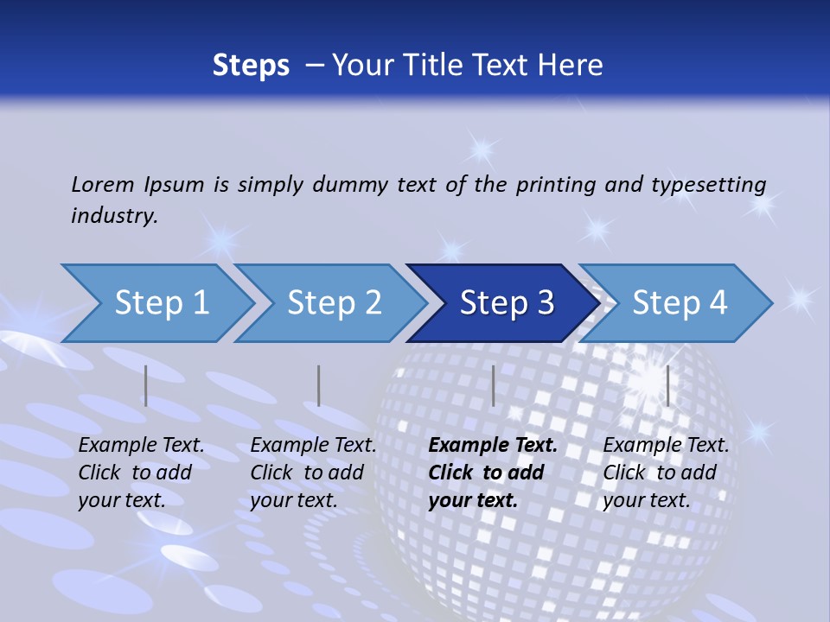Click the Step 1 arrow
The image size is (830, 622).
[x=161, y=303]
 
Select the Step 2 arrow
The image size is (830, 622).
[x=334, y=303]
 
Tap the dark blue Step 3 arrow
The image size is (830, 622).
[x=507, y=303]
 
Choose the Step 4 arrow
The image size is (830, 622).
[x=680, y=303]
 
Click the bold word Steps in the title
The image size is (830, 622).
[x=251, y=66]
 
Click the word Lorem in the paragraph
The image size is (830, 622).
[x=103, y=184]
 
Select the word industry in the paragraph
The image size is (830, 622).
[x=113, y=216]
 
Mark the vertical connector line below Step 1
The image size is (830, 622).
[x=146, y=385]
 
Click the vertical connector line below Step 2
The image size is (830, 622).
[x=319, y=385]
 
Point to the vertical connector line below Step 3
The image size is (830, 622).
[x=493, y=385]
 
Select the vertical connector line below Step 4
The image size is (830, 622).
[x=667, y=385]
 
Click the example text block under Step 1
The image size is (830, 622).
[x=141, y=473]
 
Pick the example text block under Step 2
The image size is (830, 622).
[x=313, y=473]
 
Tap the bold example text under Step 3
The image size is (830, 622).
[x=493, y=473]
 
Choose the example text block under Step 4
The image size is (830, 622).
[x=666, y=473]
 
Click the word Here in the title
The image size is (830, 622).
[x=572, y=66]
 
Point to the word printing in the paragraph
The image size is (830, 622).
[x=546, y=185]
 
